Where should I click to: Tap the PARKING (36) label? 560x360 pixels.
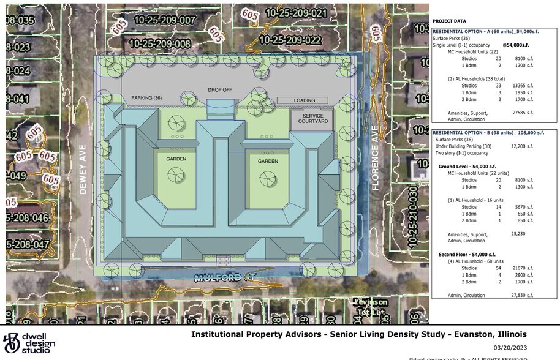(146, 98)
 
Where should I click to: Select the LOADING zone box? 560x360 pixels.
(305, 100)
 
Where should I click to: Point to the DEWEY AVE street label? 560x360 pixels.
(84, 173)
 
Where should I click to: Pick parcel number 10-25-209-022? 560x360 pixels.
(290, 40)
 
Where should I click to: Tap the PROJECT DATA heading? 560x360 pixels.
(448, 20)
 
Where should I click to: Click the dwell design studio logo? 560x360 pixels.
(29, 343)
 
